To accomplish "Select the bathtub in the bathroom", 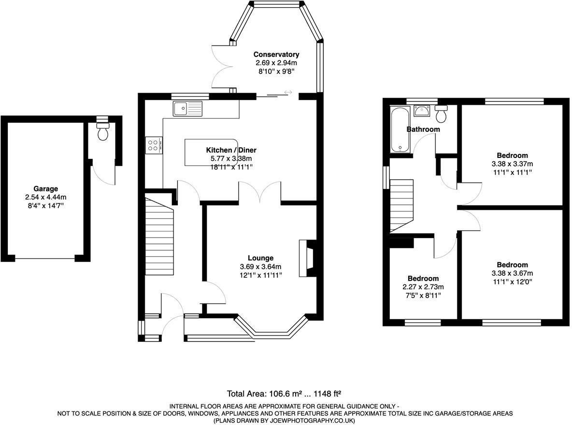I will point(400,129).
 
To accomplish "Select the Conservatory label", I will point(276,55).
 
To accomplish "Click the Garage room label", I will point(45,189).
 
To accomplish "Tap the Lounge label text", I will point(260,258).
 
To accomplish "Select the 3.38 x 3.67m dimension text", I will point(512,273).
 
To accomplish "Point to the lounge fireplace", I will point(307,258).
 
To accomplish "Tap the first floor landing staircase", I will point(402,205).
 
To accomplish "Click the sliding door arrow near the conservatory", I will point(288,92).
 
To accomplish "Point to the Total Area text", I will point(285,394).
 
